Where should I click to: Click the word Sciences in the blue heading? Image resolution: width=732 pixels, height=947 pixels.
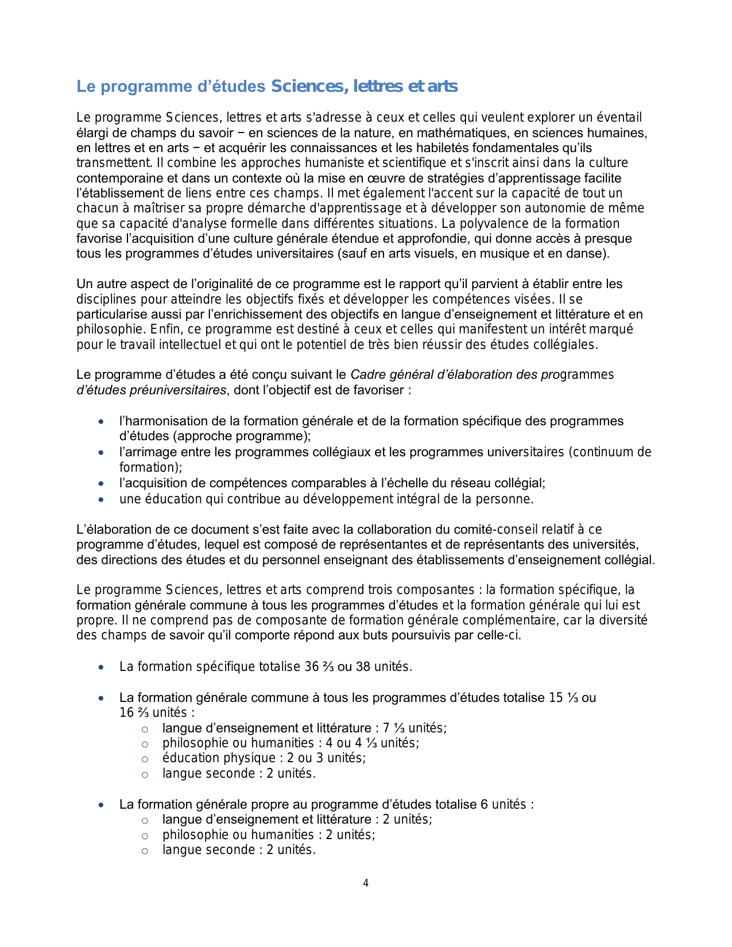(307, 87)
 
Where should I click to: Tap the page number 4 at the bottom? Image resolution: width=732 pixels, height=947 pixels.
(366, 883)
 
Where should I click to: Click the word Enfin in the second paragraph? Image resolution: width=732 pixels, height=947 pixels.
(165, 329)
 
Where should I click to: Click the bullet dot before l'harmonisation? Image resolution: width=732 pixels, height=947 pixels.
(102, 422)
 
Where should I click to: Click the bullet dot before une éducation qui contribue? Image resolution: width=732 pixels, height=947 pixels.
(102, 500)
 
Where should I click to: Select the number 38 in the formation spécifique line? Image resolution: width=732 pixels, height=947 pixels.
(363, 667)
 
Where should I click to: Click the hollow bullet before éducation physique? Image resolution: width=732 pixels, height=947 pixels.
(145, 759)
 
